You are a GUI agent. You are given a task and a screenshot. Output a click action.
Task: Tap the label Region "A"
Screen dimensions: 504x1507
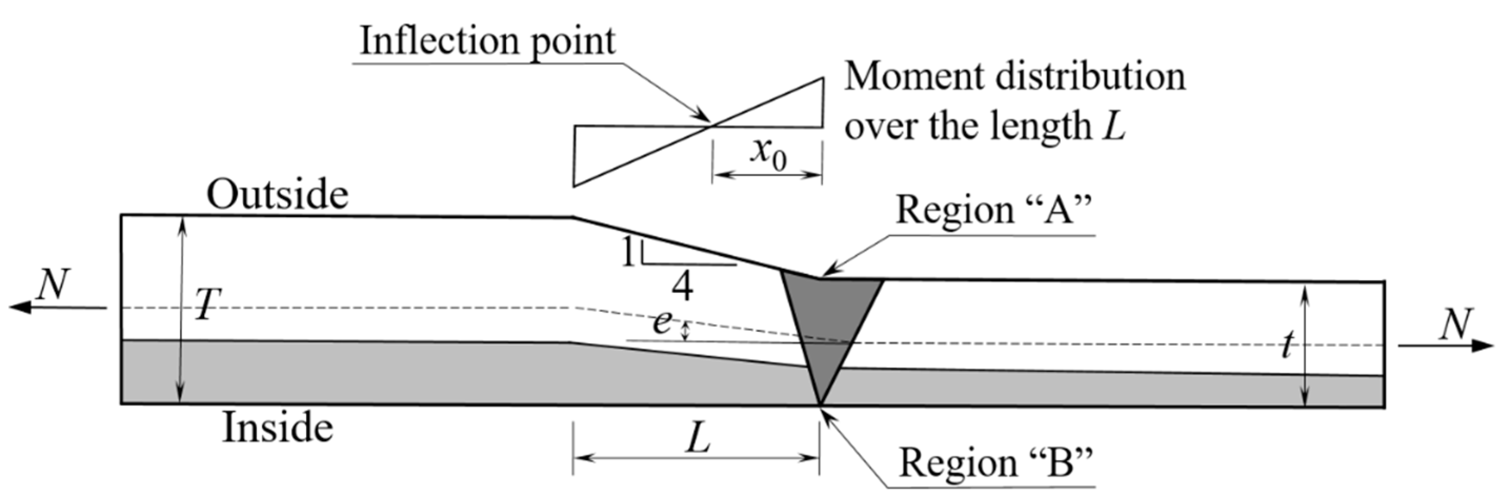pyautogui.click(x=994, y=209)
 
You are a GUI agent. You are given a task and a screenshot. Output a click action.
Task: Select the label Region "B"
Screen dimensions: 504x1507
pyautogui.click(x=995, y=463)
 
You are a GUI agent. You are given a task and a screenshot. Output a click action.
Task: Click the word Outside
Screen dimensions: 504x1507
pyautogui.click(x=277, y=195)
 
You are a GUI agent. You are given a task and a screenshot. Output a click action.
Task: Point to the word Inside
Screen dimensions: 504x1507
pyautogui.click(x=277, y=428)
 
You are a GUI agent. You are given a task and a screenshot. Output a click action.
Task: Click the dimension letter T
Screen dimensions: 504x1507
pyautogui.click(x=206, y=305)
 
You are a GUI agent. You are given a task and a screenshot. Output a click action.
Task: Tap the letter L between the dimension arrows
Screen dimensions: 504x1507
pyautogui.click(x=698, y=438)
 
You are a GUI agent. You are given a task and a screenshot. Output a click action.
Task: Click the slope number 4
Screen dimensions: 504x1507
pyautogui.click(x=682, y=287)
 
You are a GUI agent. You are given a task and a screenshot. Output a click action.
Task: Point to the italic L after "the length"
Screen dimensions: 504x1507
pyautogui.click(x=1114, y=126)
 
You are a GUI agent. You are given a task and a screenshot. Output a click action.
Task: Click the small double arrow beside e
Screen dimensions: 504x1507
pyautogui.click(x=687, y=331)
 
